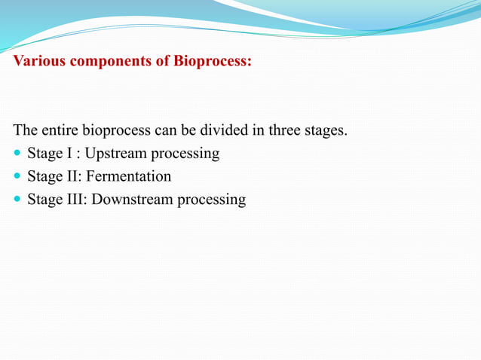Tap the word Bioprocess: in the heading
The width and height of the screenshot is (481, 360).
(x=213, y=61)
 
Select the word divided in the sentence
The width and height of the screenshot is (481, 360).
(x=213, y=130)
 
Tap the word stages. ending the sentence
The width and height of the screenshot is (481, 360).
(x=324, y=131)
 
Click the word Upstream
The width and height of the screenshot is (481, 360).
(x=115, y=154)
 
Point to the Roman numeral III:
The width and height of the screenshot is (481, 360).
(x=75, y=200)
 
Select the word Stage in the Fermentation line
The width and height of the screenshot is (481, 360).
(x=44, y=177)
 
